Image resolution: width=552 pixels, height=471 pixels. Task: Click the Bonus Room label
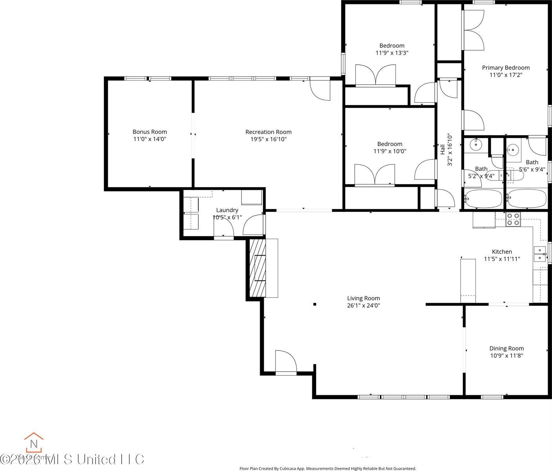(x=149, y=132)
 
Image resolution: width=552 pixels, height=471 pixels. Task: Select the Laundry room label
(x=227, y=210)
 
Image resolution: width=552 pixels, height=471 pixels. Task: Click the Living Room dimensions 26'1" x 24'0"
(x=363, y=305)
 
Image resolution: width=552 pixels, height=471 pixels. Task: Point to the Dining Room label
(x=506, y=348)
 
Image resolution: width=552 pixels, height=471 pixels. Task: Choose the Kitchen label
(x=502, y=252)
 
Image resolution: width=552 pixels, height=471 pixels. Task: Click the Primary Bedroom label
(x=506, y=68)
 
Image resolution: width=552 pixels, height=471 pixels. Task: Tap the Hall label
(x=443, y=149)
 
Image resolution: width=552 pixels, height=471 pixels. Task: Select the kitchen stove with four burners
(x=513, y=219)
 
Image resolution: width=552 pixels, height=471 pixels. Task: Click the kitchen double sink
(x=540, y=254)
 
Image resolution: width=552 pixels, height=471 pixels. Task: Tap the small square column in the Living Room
(x=315, y=304)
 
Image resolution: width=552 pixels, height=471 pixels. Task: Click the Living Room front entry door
(x=286, y=362)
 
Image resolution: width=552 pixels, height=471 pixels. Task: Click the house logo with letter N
(x=34, y=443)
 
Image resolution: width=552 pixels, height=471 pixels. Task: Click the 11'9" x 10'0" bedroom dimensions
(x=390, y=151)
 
